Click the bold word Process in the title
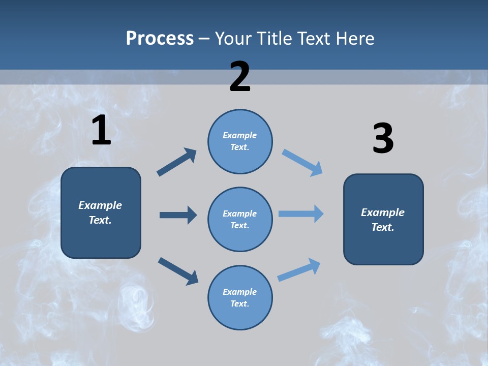[x=160, y=39]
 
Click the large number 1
[x=101, y=131]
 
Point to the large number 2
[x=240, y=77]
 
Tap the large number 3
[x=383, y=139]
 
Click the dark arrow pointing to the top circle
[x=177, y=162]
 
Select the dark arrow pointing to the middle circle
[x=178, y=215]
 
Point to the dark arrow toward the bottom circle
[x=178, y=271]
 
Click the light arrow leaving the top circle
[x=302, y=163]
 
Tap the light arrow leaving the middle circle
[x=301, y=214]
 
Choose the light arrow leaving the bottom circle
[x=299, y=269]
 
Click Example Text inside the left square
[x=100, y=212]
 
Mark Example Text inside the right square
[x=383, y=220]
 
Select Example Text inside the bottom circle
[x=239, y=297]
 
